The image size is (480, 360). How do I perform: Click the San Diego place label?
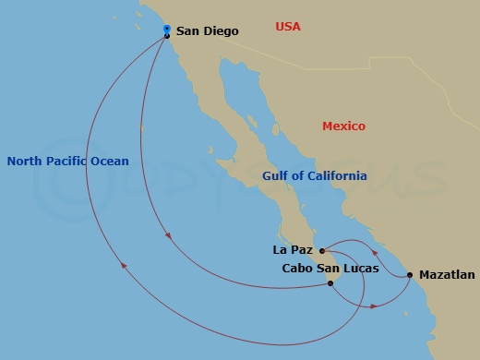coord(208,31)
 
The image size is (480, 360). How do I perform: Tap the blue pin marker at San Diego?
coord(166,30)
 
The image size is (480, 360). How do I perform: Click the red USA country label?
coord(288,27)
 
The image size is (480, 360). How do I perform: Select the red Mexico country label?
coord(343,126)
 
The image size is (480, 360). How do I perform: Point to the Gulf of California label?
coord(314,175)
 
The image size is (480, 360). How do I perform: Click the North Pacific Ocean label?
coord(67,161)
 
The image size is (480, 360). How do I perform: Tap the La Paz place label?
coord(293,249)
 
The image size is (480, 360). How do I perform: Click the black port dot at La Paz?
coord(320,250)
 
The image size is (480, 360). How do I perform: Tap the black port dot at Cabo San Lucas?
coord(330,283)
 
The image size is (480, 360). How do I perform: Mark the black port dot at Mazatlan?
coord(409,275)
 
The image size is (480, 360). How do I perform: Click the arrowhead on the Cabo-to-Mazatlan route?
coord(371,306)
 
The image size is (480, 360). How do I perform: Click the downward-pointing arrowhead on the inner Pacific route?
coord(167,239)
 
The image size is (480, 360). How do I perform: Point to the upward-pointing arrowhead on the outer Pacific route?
coord(125,267)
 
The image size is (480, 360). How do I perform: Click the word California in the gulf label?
coord(336,175)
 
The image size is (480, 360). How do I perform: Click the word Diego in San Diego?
coord(222,31)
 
